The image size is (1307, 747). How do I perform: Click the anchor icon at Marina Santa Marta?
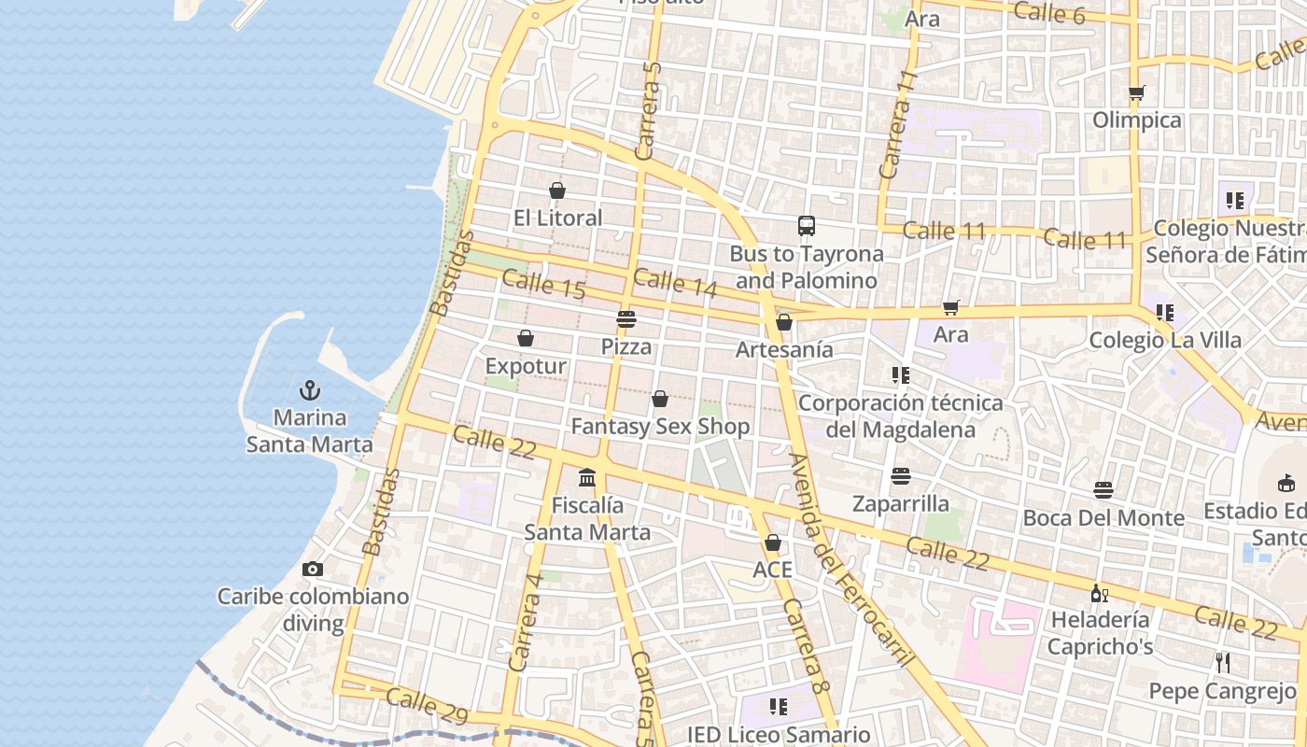(309, 390)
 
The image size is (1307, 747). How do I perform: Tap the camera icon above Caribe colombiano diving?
(313, 569)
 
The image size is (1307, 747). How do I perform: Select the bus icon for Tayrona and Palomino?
(807, 226)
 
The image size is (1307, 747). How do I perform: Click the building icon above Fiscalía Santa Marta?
(587, 478)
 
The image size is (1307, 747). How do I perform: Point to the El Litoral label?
(557, 218)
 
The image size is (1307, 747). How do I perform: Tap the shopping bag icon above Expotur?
(526, 338)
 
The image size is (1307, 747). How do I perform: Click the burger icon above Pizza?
(625, 319)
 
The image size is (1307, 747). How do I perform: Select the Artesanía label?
(784, 349)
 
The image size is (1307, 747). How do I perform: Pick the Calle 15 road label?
(543, 284)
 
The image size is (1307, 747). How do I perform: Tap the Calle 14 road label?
(675, 282)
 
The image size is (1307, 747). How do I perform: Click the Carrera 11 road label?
(897, 125)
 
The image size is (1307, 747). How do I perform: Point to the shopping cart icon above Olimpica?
(1136, 92)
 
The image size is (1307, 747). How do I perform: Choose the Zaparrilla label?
(900, 504)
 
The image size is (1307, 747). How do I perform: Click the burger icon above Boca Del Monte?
(1103, 490)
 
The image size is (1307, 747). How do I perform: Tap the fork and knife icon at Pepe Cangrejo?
(1222, 663)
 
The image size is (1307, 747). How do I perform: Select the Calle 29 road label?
(427, 706)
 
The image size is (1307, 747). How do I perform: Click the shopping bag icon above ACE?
(773, 543)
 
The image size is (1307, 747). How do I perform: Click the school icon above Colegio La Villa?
(1164, 312)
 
